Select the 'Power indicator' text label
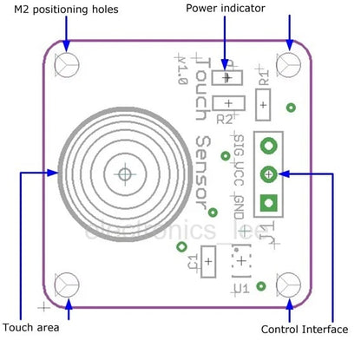(226, 9)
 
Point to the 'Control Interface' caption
(305, 330)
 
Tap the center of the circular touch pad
(125, 173)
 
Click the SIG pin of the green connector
(269, 145)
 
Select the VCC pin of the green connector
(269, 173)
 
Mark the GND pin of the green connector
(269, 203)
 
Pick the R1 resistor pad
(263, 104)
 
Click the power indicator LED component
(228, 77)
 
